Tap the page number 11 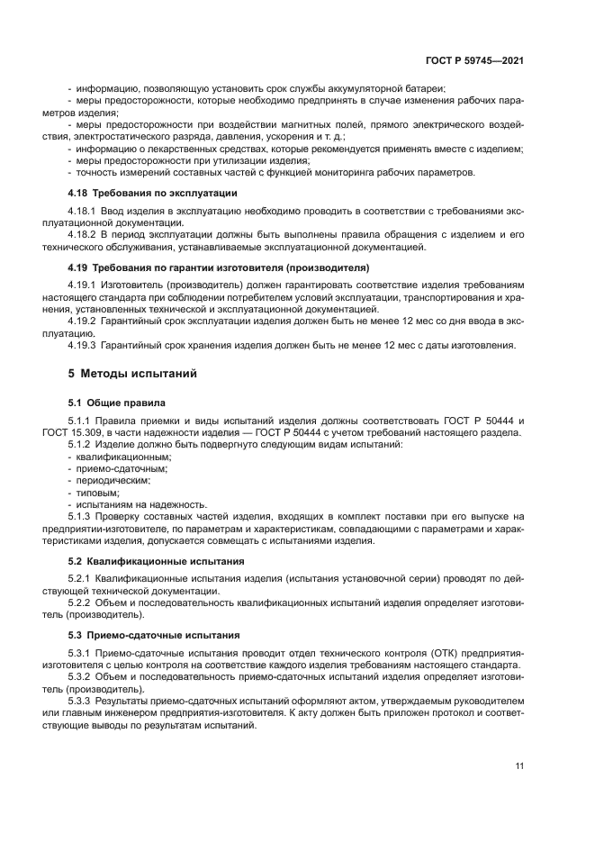point(519,766)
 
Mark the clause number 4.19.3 point(84,345)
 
